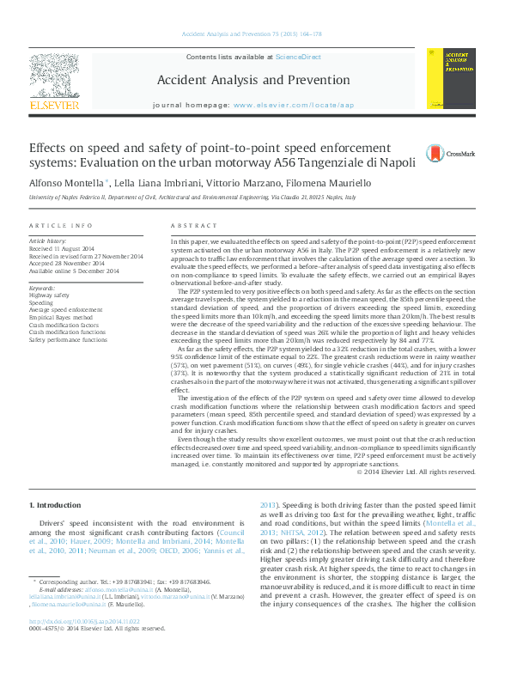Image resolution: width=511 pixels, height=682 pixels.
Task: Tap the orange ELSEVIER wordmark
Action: (54, 105)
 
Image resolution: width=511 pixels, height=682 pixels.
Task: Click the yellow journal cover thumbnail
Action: (446, 78)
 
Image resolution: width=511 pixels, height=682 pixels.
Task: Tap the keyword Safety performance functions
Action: (68, 340)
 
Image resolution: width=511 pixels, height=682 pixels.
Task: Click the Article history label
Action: (47, 241)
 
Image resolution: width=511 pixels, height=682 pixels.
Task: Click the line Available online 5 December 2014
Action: (73, 271)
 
